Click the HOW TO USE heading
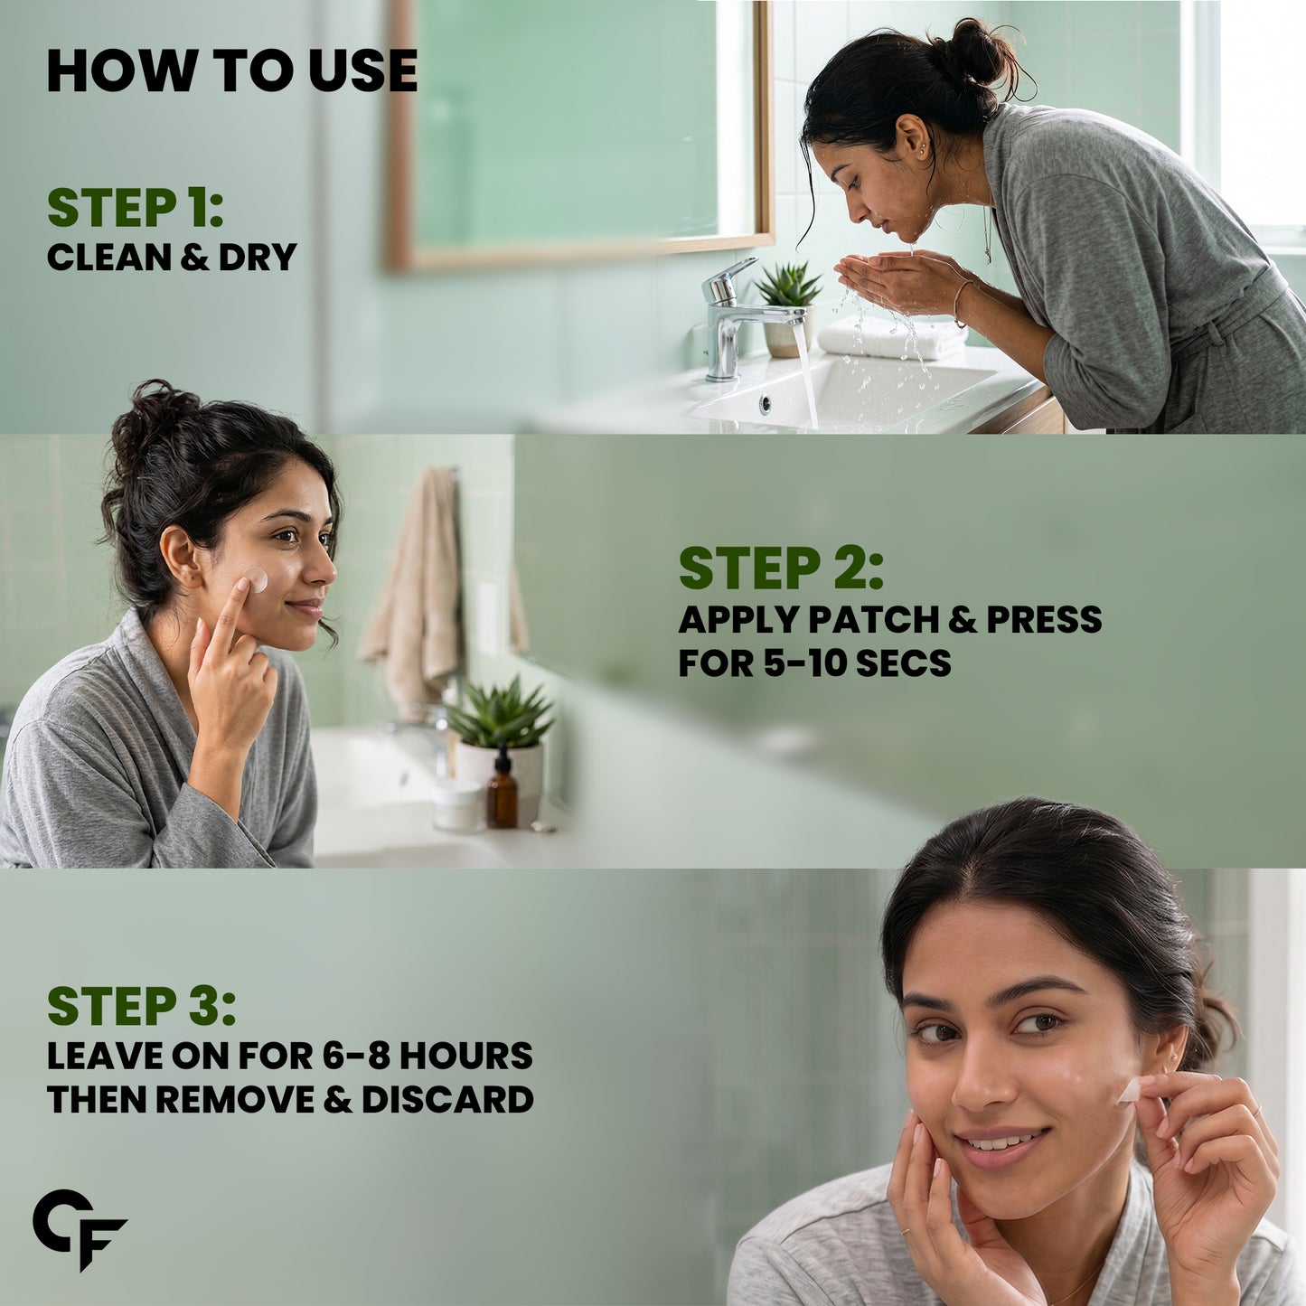click(x=231, y=70)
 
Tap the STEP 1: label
click(x=135, y=208)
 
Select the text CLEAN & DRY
click(x=172, y=257)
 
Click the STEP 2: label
click(x=782, y=568)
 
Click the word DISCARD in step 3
click(x=447, y=1099)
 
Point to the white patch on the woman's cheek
click(x=256, y=579)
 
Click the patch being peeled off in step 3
click(x=1130, y=1091)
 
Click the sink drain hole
click(x=766, y=405)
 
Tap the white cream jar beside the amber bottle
click(x=459, y=805)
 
